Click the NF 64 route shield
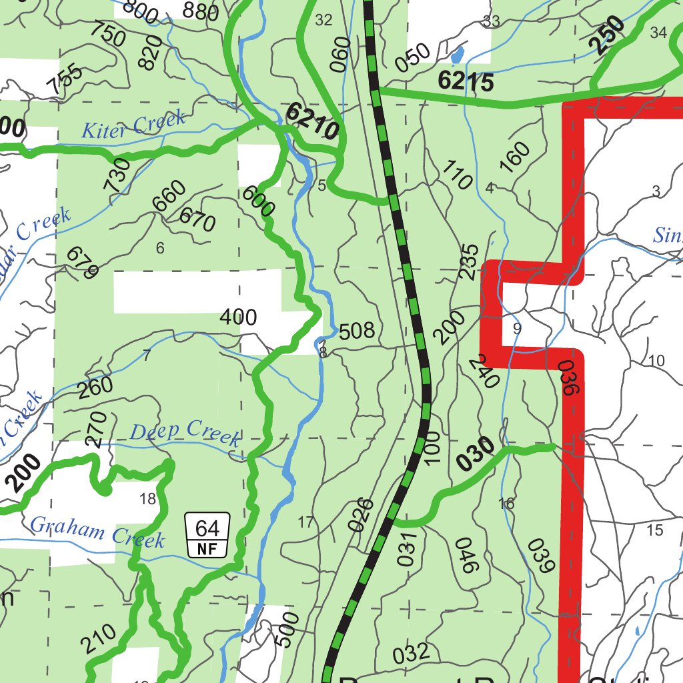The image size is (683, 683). click(207, 535)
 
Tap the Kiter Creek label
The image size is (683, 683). click(133, 125)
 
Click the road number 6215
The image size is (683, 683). click(466, 81)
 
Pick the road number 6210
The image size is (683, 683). click(312, 121)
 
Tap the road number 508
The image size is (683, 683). click(357, 331)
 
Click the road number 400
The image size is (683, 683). click(238, 317)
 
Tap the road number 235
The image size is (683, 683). click(470, 262)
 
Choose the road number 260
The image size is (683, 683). click(95, 388)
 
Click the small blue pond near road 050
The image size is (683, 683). click(458, 54)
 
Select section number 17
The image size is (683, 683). click(305, 522)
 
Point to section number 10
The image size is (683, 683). click(656, 361)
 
